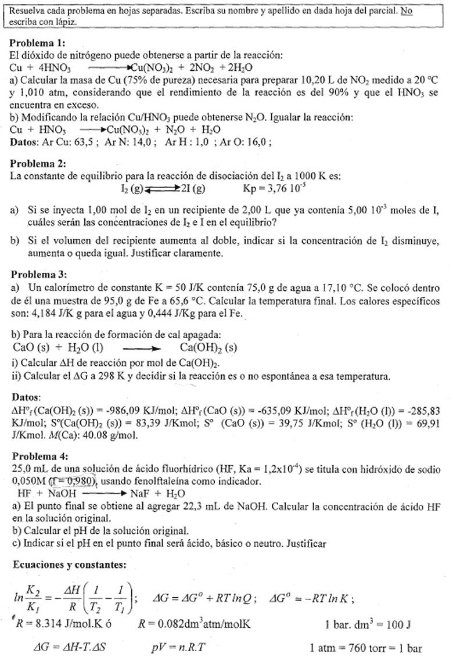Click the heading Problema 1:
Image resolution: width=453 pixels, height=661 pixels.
tap(38, 44)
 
